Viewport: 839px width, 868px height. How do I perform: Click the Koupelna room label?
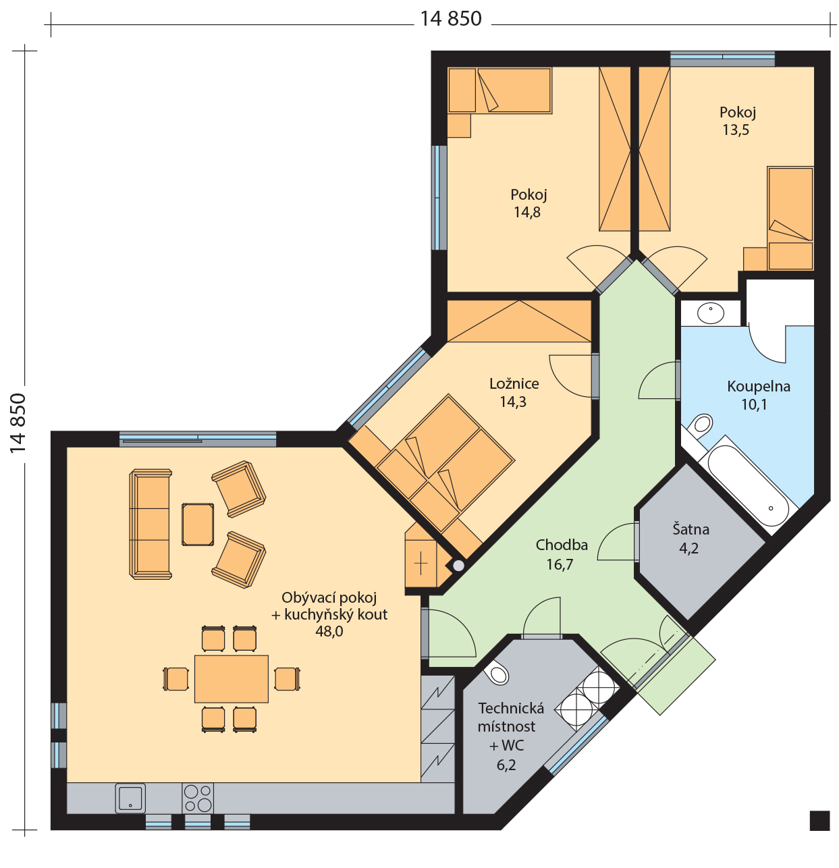(x=758, y=386)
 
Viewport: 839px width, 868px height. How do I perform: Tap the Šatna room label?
(x=691, y=529)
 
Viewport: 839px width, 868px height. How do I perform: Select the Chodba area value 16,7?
(x=560, y=564)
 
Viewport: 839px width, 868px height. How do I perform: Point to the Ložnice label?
(x=514, y=383)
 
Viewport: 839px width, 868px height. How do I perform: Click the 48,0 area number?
(x=329, y=631)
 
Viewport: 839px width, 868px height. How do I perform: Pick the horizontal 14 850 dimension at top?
(x=451, y=19)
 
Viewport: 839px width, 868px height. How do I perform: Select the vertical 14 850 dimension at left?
(x=18, y=423)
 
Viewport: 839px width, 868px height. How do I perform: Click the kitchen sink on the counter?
(x=130, y=798)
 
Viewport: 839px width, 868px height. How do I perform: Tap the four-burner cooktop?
(x=198, y=798)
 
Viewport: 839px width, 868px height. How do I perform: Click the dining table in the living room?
(x=232, y=679)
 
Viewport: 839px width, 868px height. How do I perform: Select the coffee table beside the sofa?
(x=198, y=524)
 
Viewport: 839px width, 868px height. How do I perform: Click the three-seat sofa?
(x=151, y=524)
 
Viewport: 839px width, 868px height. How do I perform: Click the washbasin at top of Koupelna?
(x=711, y=313)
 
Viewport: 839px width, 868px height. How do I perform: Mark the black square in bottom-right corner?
(x=819, y=821)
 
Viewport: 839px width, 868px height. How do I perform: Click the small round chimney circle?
(x=458, y=566)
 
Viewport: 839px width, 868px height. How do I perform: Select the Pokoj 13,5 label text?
(x=737, y=121)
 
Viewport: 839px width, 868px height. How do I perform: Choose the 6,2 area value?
(x=506, y=765)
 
